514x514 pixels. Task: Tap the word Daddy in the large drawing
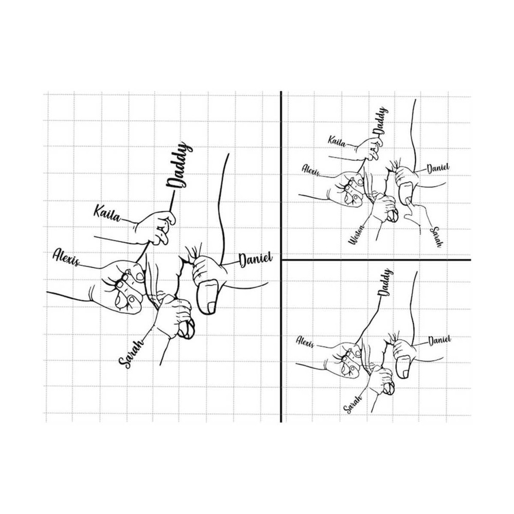tap(179, 167)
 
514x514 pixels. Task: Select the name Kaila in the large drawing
tap(106, 212)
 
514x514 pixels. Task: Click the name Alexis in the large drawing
tap(66, 257)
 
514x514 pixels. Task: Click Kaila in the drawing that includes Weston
tap(336, 140)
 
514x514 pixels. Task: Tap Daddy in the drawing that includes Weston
tap(381, 121)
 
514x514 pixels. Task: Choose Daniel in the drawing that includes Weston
tap(438, 168)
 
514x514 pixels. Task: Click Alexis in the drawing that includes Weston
tap(311, 170)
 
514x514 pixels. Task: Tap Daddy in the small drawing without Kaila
tap(385, 282)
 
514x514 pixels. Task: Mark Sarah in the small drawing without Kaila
tap(353, 401)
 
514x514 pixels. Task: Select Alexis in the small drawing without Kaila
tap(305, 342)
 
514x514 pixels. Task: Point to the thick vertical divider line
tap(281, 257)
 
